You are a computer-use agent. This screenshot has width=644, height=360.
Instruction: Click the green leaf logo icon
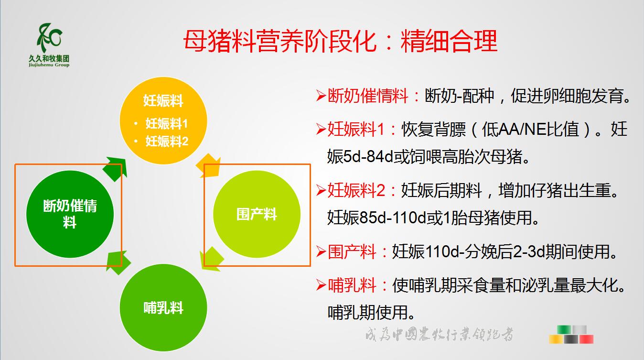point(50,38)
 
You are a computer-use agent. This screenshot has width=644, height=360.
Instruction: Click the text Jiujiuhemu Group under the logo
point(49,65)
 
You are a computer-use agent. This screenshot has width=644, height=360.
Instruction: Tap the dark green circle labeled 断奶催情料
point(70,214)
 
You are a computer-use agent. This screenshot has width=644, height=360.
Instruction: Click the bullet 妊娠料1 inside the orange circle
point(166,124)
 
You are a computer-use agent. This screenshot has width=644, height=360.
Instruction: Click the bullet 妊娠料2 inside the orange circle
point(167,142)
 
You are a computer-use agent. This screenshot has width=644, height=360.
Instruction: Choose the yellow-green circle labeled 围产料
point(257,214)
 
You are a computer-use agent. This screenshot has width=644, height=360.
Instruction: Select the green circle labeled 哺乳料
point(163,307)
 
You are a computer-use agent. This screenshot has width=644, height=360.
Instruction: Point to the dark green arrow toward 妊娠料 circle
point(115,169)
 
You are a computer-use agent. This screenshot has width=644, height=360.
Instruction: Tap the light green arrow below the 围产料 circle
point(212,259)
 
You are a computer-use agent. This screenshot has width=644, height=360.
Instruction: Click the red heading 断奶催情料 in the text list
point(368,96)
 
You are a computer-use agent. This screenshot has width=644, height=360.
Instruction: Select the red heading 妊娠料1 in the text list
point(356,129)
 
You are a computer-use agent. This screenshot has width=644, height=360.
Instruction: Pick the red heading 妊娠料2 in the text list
point(356,190)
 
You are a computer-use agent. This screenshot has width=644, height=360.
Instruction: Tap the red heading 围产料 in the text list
point(352,252)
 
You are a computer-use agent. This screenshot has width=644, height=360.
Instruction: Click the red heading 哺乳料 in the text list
point(352,285)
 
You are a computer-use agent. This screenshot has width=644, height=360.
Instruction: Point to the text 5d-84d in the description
point(368,157)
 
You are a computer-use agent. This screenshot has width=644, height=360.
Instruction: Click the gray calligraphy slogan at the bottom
point(439,334)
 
